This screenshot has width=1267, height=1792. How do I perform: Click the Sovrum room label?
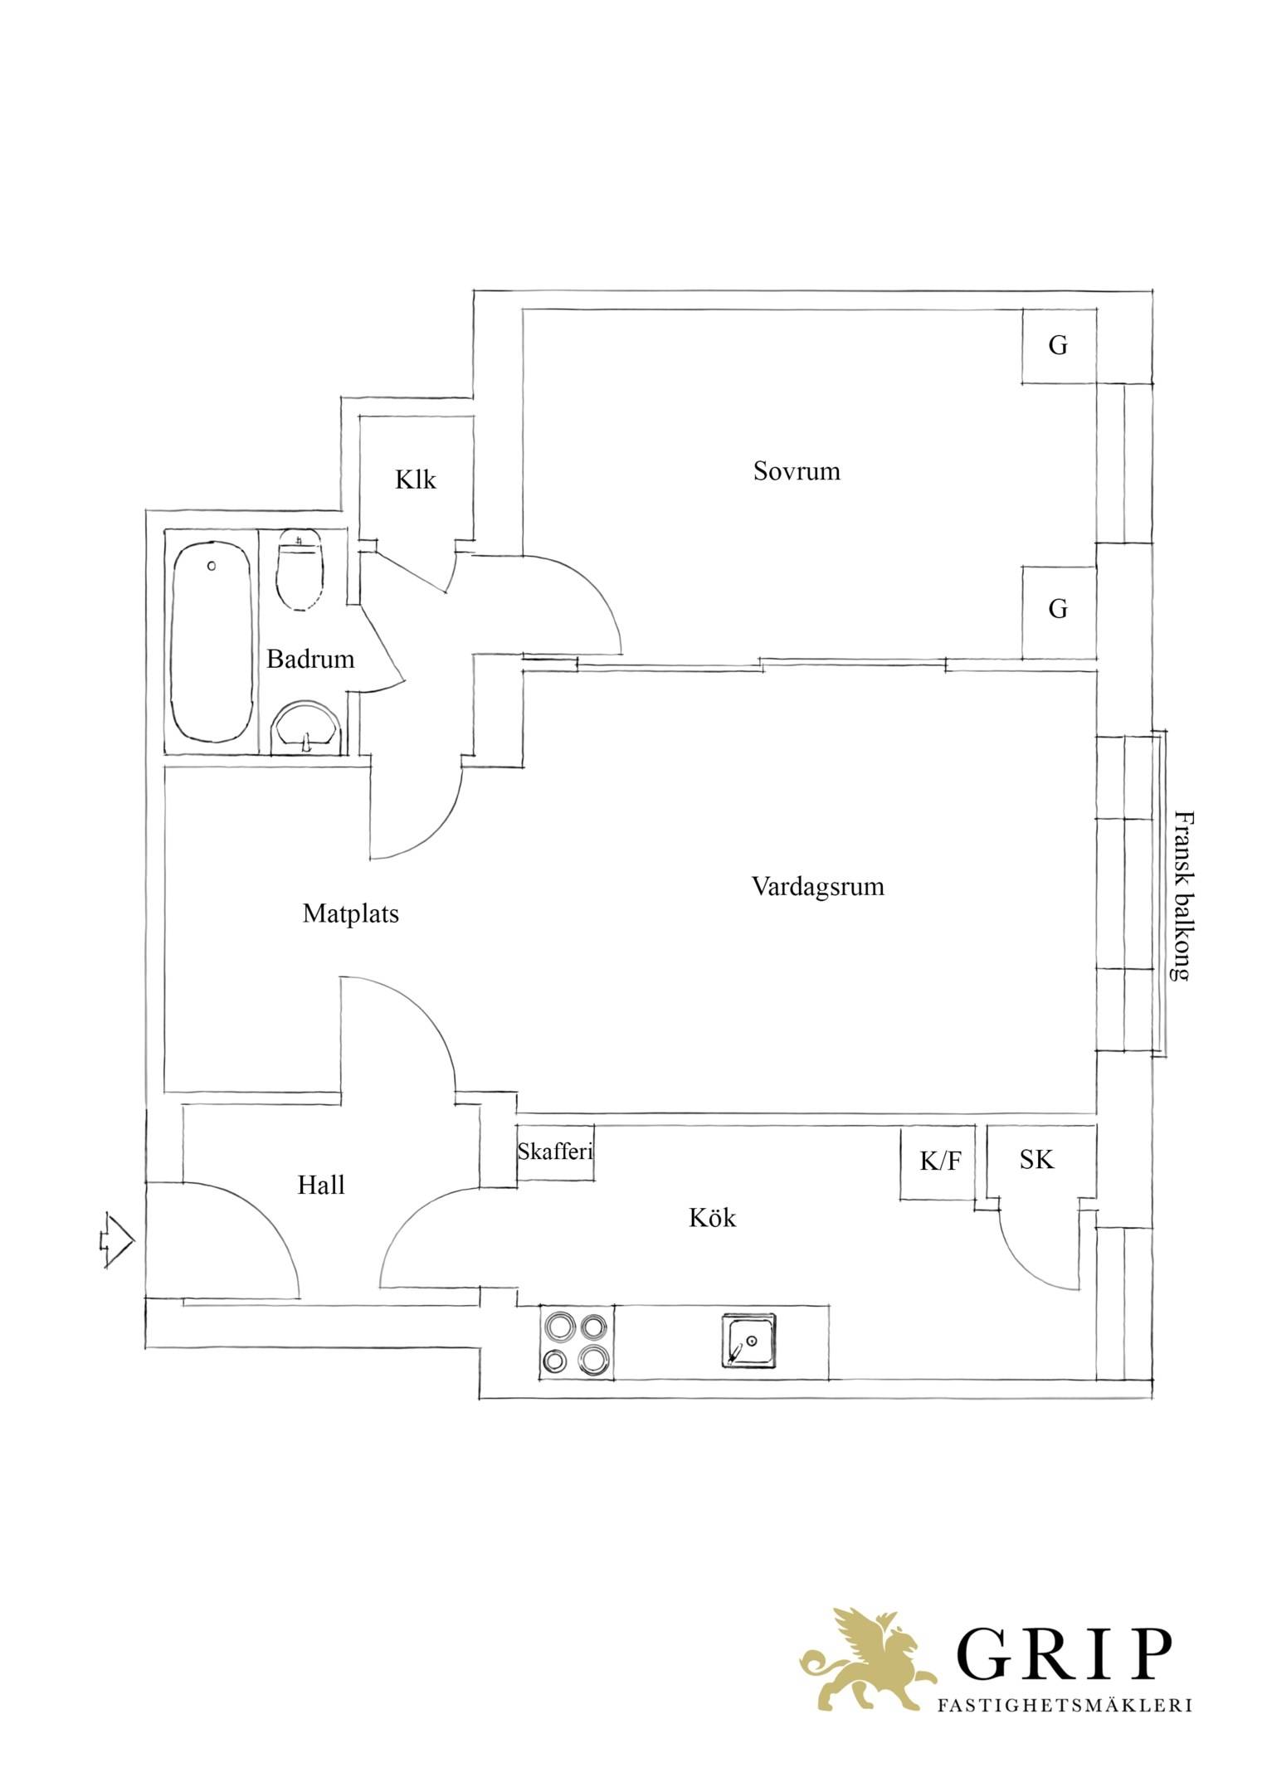pos(797,471)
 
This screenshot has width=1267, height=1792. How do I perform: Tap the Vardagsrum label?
pos(818,888)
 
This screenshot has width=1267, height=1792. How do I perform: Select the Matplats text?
pos(351,914)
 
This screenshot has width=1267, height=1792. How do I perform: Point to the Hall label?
pos(321,1185)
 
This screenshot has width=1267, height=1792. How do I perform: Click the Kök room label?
pos(713,1217)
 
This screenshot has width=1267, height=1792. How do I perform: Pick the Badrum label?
pos(310,659)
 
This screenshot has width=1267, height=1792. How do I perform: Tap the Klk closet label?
pos(416,480)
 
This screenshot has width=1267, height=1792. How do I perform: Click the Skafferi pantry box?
pos(555,1151)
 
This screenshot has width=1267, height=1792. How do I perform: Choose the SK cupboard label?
pos(1037,1159)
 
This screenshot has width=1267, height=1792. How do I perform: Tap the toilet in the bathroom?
pos(299,571)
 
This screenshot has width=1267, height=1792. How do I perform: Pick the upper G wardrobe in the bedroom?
pos(1059,346)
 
